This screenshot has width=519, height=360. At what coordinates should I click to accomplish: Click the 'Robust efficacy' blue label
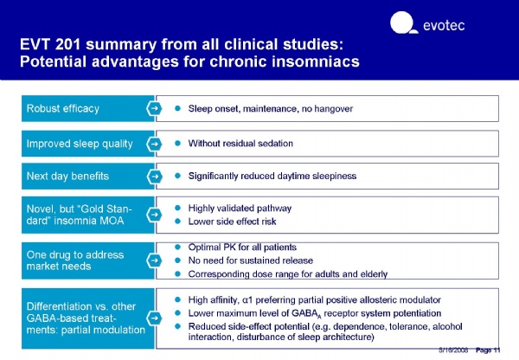(62, 109)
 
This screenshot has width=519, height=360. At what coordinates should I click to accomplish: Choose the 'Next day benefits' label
(67, 177)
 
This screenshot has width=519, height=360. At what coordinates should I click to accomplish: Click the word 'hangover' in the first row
(332, 109)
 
